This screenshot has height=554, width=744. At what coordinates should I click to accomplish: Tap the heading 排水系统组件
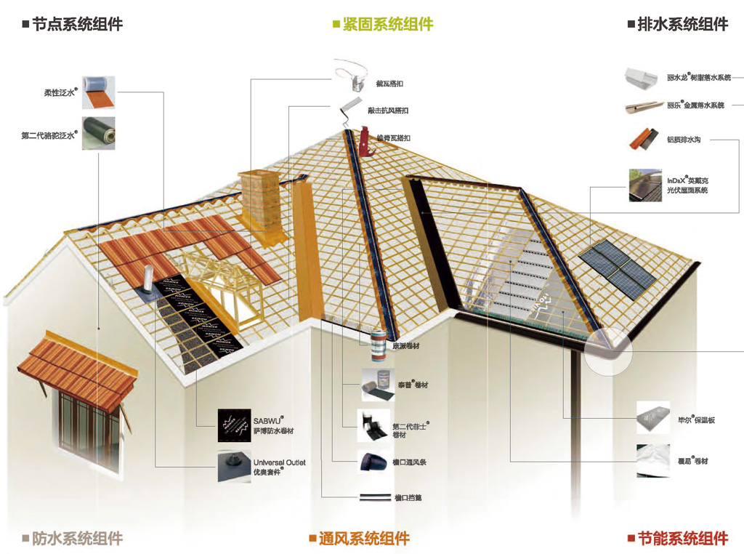pos(682,24)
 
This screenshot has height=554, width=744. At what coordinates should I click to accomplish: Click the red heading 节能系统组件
pos(682,539)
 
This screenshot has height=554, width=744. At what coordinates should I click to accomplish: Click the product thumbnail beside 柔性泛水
pos(98,91)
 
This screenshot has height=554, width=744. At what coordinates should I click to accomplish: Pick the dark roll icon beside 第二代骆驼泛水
pos(98,133)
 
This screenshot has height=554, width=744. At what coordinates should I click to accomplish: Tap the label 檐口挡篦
pos(408,498)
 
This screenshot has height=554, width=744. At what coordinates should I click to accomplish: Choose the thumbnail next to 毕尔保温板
pos(653,417)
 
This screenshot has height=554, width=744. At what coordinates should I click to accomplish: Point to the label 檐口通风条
pos(408,462)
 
